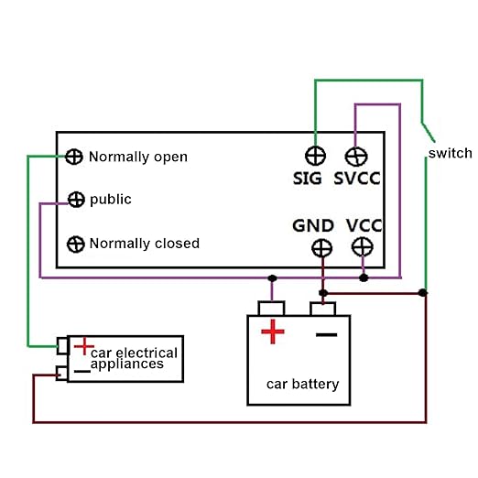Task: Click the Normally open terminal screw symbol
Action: [x=75, y=157]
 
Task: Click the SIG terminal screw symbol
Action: [x=314, y=155]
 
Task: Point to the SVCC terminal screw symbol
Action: [x=355, y=155]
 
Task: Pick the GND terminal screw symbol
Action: [x=321, y=247]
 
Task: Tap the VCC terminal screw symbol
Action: [x=363, y=246]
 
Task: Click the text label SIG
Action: [x=308, y=179]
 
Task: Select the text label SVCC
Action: [x=357, y=179]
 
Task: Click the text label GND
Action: [x=312, y=225]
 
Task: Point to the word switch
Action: [x=450, y=153]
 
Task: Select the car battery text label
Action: [x=302, y=384]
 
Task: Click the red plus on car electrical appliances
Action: [x=83, y=346]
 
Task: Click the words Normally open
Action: [x=138, y=157]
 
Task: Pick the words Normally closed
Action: [x=144, y=244]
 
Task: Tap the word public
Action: [x=111, y=200]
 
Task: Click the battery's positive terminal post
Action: [x=272, y=308]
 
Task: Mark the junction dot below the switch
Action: [x=422, y=293]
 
